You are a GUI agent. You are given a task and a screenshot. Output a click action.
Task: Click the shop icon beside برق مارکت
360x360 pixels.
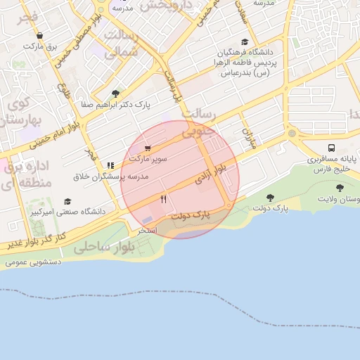39,36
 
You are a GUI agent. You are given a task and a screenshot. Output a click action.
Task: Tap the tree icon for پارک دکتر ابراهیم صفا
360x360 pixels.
115,94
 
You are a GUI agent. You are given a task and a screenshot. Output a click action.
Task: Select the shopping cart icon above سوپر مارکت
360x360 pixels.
148,148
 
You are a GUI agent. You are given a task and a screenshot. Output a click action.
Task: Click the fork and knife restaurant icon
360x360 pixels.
164,199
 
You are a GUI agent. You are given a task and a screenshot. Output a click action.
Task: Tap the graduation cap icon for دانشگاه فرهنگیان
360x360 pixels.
244,42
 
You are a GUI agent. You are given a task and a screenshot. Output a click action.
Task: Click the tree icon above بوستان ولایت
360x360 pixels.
340,188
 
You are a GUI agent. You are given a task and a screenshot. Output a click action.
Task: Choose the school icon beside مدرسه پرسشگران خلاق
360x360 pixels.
110,165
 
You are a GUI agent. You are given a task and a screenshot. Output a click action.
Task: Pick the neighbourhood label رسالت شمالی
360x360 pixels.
122,42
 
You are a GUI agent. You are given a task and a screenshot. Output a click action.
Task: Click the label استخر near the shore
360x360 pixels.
147,231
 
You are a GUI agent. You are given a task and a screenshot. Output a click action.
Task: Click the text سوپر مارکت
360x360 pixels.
150,159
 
